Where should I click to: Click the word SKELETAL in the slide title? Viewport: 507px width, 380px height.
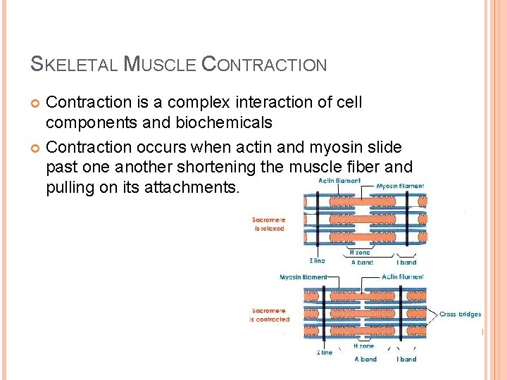pyautogui.click(x=75, y=65)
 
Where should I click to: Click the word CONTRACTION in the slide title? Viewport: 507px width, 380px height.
pyautogui.click(x=264, y=65)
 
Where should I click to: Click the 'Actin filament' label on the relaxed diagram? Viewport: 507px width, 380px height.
pyautogui.click(x=339, y=181)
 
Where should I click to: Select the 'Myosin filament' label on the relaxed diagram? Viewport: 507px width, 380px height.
pyautogui.click(x=400, y=186)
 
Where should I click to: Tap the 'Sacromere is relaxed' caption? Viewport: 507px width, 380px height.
pyautogui.click(x=268, y=224)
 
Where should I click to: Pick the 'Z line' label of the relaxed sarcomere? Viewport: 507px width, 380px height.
pyautogui.click(x=317, y=260)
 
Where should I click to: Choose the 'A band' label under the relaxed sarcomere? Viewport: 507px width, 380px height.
pyautogui.click(x=363, y=262)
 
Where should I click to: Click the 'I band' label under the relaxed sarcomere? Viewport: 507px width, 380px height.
pyautogui.click(x=406, y=262)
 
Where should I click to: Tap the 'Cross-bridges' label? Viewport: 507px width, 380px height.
pyautogui.click(x=461, y=314)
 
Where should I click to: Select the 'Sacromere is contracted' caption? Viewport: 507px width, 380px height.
pyautogui.click(x=270, y=315)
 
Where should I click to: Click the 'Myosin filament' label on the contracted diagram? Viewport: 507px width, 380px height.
pyautogui.click(x=303, y=277)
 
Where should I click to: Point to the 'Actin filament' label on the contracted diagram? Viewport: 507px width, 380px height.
pyautogui.click(x=402, y=277)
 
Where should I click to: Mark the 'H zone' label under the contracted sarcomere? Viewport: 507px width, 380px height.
pyautogui.click(x=364, y=346)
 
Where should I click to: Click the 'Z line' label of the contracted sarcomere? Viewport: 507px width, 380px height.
pyautogui.click(x=324, y=353)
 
